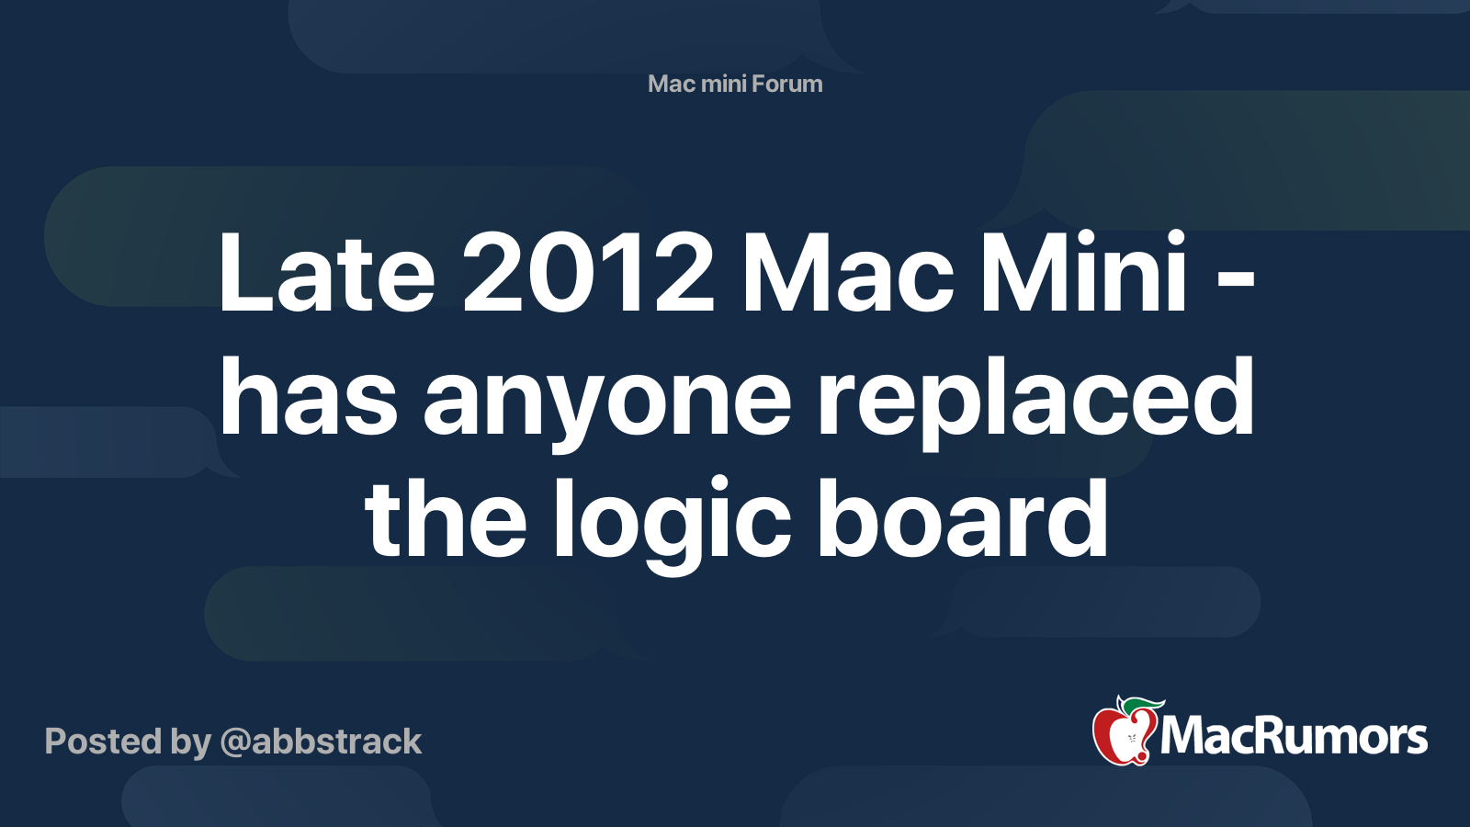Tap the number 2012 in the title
coord(589,271)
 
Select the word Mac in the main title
coord(846,271)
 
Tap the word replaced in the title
coord(1035,402)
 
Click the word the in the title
coord(446,518)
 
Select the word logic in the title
coord(672,525)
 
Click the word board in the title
coord(962,518)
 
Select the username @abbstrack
coord(321,742)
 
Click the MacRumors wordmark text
coord(1294,736)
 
